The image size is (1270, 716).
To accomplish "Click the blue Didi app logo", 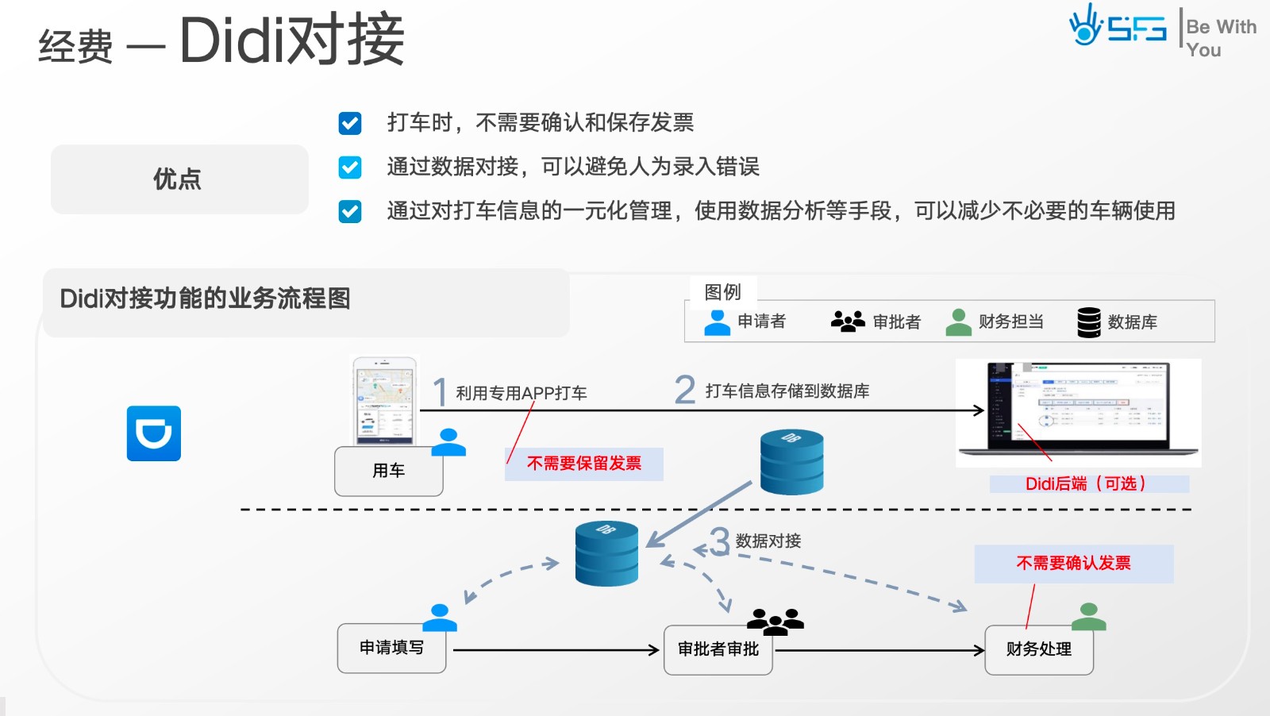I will (154, 433).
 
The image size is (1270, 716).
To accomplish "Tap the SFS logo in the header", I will (1118, 27).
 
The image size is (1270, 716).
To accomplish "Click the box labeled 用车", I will (388, 472).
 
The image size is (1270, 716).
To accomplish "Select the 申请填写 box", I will (391, 649).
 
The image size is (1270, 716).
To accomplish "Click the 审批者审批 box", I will (718, 649).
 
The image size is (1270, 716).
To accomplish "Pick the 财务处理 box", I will (1038, 649).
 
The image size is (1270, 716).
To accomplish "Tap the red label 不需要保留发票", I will (584, 464).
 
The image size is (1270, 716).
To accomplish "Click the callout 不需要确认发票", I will (1073, 564).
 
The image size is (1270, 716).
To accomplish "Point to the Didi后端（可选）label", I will (1088, 484).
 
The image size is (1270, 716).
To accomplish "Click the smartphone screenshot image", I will (385, 401).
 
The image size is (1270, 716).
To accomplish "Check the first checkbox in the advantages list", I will (350, 123).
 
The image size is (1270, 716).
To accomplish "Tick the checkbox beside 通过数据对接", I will (350, 167).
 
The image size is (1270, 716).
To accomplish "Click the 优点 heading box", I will (179, 179).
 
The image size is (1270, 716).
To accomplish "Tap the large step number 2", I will (684, 390).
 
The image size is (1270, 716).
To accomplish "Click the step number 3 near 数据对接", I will (719, 542).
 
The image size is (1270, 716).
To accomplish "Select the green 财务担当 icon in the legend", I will (958, 321).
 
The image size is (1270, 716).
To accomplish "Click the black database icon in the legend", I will (1089, 322).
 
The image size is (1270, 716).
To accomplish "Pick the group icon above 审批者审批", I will (775, 621).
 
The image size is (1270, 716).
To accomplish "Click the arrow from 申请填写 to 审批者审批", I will (556, 650).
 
